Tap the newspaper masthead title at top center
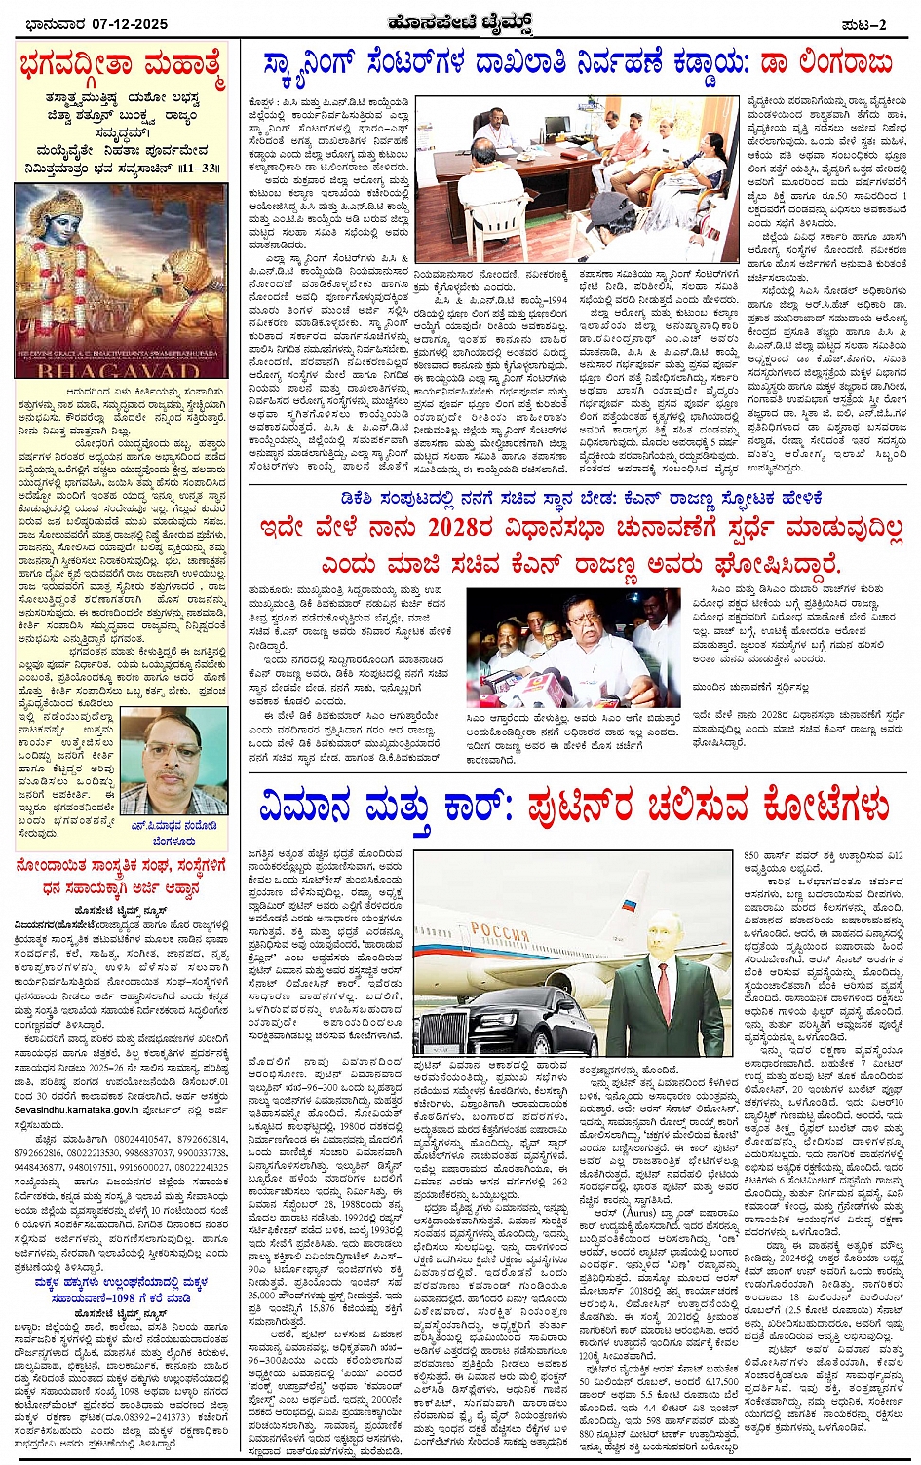[x=460, y=21]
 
